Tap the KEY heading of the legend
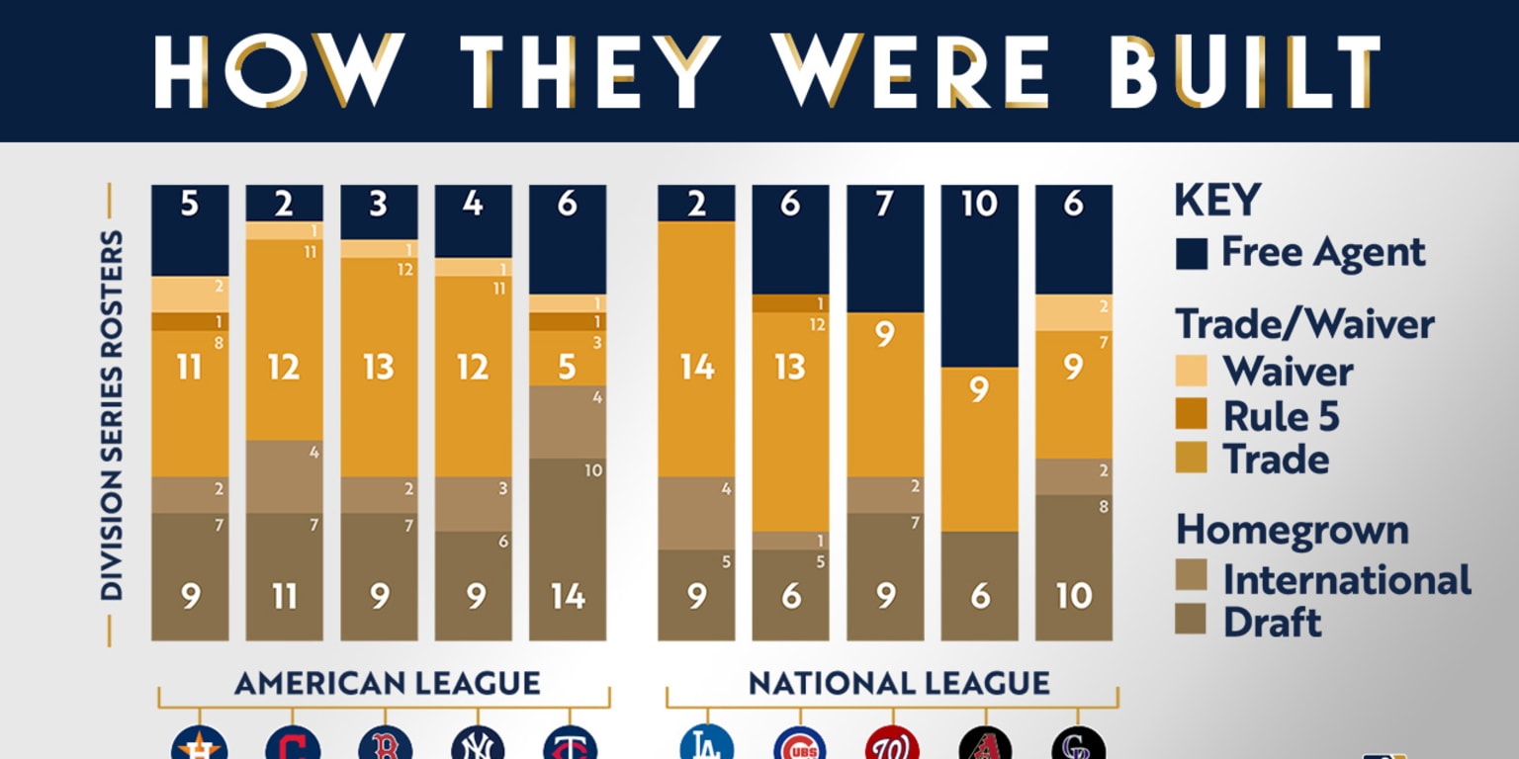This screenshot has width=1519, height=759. click(1217, 202)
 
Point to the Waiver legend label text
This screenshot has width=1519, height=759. click(1288, 372)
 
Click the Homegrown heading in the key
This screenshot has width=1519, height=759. click(1292, 531)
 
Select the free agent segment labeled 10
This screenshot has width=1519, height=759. click(979, 276)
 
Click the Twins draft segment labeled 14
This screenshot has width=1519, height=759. click(568, 548)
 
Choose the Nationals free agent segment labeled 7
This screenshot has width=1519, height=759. click(885, 248)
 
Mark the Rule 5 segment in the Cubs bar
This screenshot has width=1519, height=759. click(790, 303)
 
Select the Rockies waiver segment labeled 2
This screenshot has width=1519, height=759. click(1073, 312)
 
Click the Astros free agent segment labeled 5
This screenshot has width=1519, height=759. click(190, 229)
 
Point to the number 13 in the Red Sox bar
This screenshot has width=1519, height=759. click(378, 368)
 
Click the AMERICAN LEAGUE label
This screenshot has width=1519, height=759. click(387, 683)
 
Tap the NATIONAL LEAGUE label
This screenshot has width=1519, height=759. click(898, 683)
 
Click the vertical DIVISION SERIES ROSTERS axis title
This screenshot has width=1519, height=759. click(112, 414)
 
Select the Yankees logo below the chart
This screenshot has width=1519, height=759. click(478, 744)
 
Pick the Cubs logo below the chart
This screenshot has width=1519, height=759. click(800, 744)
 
